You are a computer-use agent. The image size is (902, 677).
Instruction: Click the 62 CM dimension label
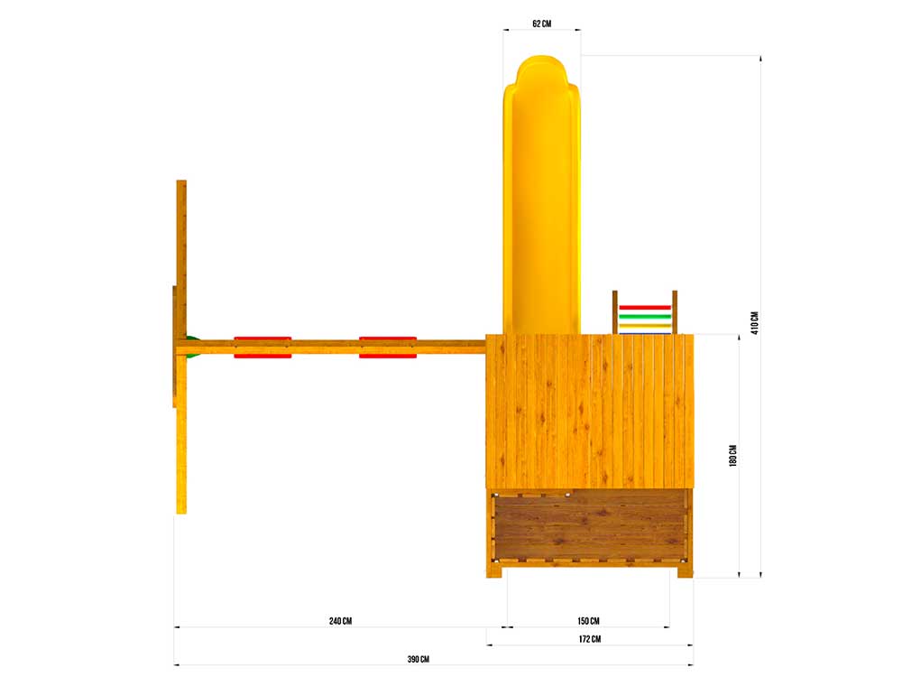(x=541, y=23)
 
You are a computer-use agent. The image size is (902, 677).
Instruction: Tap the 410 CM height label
(x=754, y=323)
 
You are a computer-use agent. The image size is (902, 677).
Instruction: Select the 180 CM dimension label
(x=732, y=455)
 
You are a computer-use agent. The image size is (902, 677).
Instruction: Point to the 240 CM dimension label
(x=341, y=621)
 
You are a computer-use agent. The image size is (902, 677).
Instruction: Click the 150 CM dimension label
(x=588, y=621)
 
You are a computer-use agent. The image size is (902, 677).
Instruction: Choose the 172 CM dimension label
(x=590, y=639)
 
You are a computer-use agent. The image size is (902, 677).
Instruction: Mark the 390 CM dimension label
(x=419, y=659)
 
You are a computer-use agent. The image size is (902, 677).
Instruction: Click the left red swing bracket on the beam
(x=262, y=348)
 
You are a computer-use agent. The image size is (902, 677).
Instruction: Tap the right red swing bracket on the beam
(x=388, y=348)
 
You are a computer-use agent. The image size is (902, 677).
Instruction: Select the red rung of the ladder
(x=645, y=308)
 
